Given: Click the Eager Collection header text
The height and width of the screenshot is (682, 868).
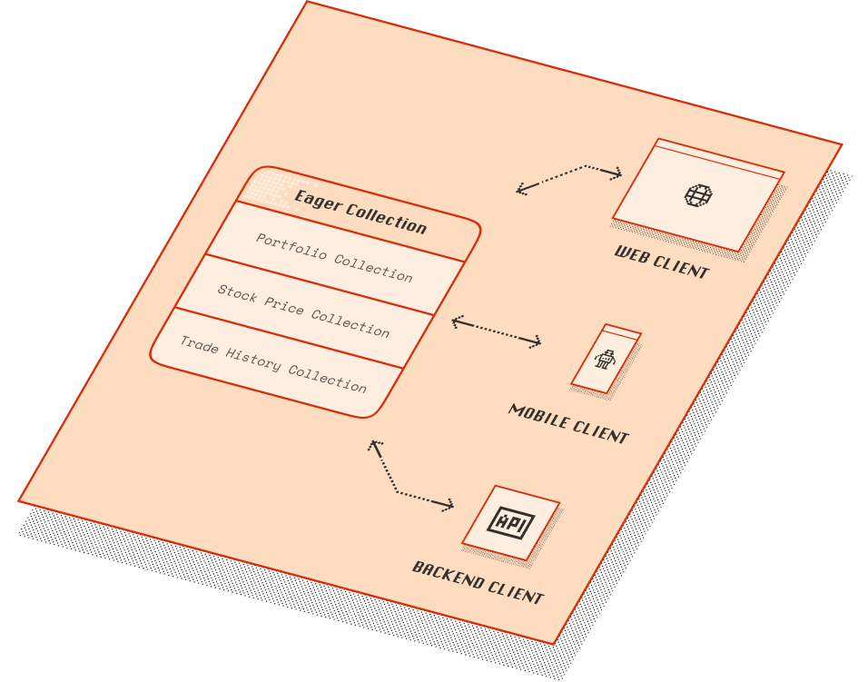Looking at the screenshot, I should pyautogui.click(x=360, y=212).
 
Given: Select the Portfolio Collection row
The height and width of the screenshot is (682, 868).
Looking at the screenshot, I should pyautogui.click(x=334, y=258).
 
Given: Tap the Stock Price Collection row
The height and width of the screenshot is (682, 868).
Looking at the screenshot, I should pyautogui.click(x=303, y=311).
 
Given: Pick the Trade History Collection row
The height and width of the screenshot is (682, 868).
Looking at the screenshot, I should pyautogui.click(x=273, y=364).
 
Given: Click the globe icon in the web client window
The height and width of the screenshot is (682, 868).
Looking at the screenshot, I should pyautogui.click(x=698, y=195).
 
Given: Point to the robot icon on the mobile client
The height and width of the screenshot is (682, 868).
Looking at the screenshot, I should pyautogui.click(x=605, y=360).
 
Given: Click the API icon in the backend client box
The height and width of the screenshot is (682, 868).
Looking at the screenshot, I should pyautogui.click(x=511, y=522).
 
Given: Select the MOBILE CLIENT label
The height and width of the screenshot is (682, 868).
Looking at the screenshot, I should pyautogui.click(x=568, y=424).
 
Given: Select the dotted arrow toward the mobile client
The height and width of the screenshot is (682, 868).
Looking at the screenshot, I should pyautogui.click(x=496, y=331).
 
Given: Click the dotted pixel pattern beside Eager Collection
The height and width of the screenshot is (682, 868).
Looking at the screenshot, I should pyautogui.click(x=269, y=189).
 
